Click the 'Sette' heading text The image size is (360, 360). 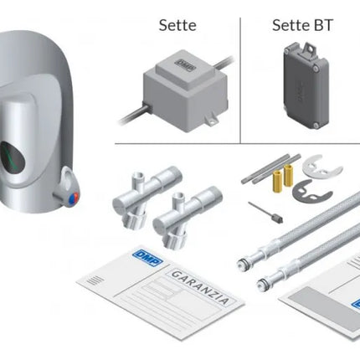tap(177, 25)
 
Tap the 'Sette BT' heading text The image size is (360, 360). tap(302, 25)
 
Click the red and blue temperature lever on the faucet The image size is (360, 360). tap(66, 195)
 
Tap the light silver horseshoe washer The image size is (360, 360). tap(315, 162)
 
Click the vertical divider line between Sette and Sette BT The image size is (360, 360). tap(241, 80)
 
